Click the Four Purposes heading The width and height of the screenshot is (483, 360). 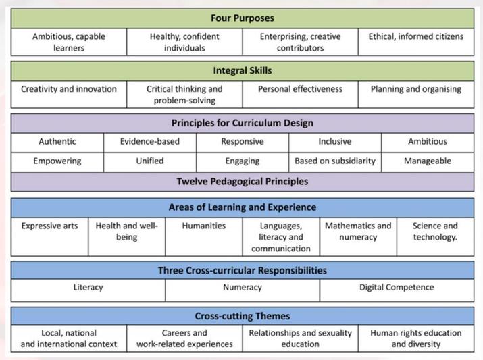point(243,18)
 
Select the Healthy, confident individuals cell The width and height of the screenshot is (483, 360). point(184,42)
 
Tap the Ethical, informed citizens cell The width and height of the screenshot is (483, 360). point(416,42)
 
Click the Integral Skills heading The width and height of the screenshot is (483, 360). point(243,71)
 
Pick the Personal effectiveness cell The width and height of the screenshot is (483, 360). point(301,95)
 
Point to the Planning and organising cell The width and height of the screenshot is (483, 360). point(416,95)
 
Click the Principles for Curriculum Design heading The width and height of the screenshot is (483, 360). point(243,123)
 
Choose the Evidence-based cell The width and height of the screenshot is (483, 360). point(150,143)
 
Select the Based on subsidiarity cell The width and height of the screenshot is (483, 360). point(335,162)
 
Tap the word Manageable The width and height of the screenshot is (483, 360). point(428,161)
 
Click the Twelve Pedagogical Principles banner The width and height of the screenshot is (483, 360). point(243,182)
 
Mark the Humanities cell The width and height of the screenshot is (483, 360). point(204,237)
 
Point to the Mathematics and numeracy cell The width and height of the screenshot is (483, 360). point(358,237)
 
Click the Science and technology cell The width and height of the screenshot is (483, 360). point(436,237)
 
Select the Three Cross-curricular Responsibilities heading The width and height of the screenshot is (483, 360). point(243,270)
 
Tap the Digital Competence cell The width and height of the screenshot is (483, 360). point(397,290)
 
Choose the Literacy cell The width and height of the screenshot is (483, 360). point(88,290)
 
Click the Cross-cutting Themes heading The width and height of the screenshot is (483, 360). point(243,316)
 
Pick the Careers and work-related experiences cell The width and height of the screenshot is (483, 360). point(184,338)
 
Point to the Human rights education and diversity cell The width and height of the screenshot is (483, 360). point(416,338)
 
